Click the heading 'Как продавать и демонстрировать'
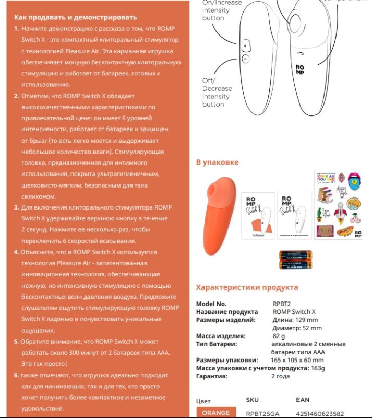[x=75, y=17]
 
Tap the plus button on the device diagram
[x=245, y=47]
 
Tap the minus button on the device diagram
[x=245, y=59]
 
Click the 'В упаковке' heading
[x=217, y=162]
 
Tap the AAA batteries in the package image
[x=295, y=260]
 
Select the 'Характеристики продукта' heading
[x=247, y=287]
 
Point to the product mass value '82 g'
[x=279, y=336]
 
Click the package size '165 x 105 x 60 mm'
[x=297, y=360]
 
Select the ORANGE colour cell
[x=215, y=412]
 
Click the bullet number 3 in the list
[x=16, y=207]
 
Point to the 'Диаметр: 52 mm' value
[x=297, y=328]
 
